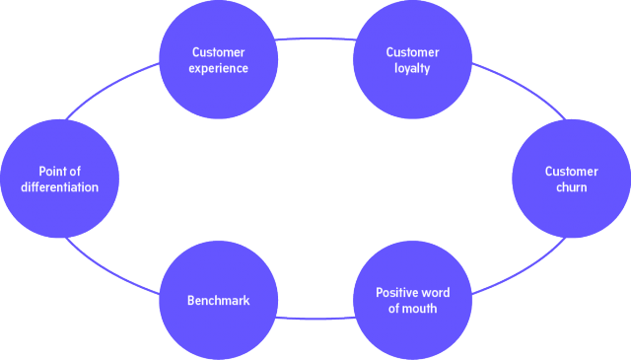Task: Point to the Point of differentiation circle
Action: point(59,180)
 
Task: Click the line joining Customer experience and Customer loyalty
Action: point(315,40)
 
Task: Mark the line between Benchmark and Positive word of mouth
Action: point(315,319)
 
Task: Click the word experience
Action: point(219,70)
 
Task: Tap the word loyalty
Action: point(412,70)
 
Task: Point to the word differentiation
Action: point(59,187)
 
